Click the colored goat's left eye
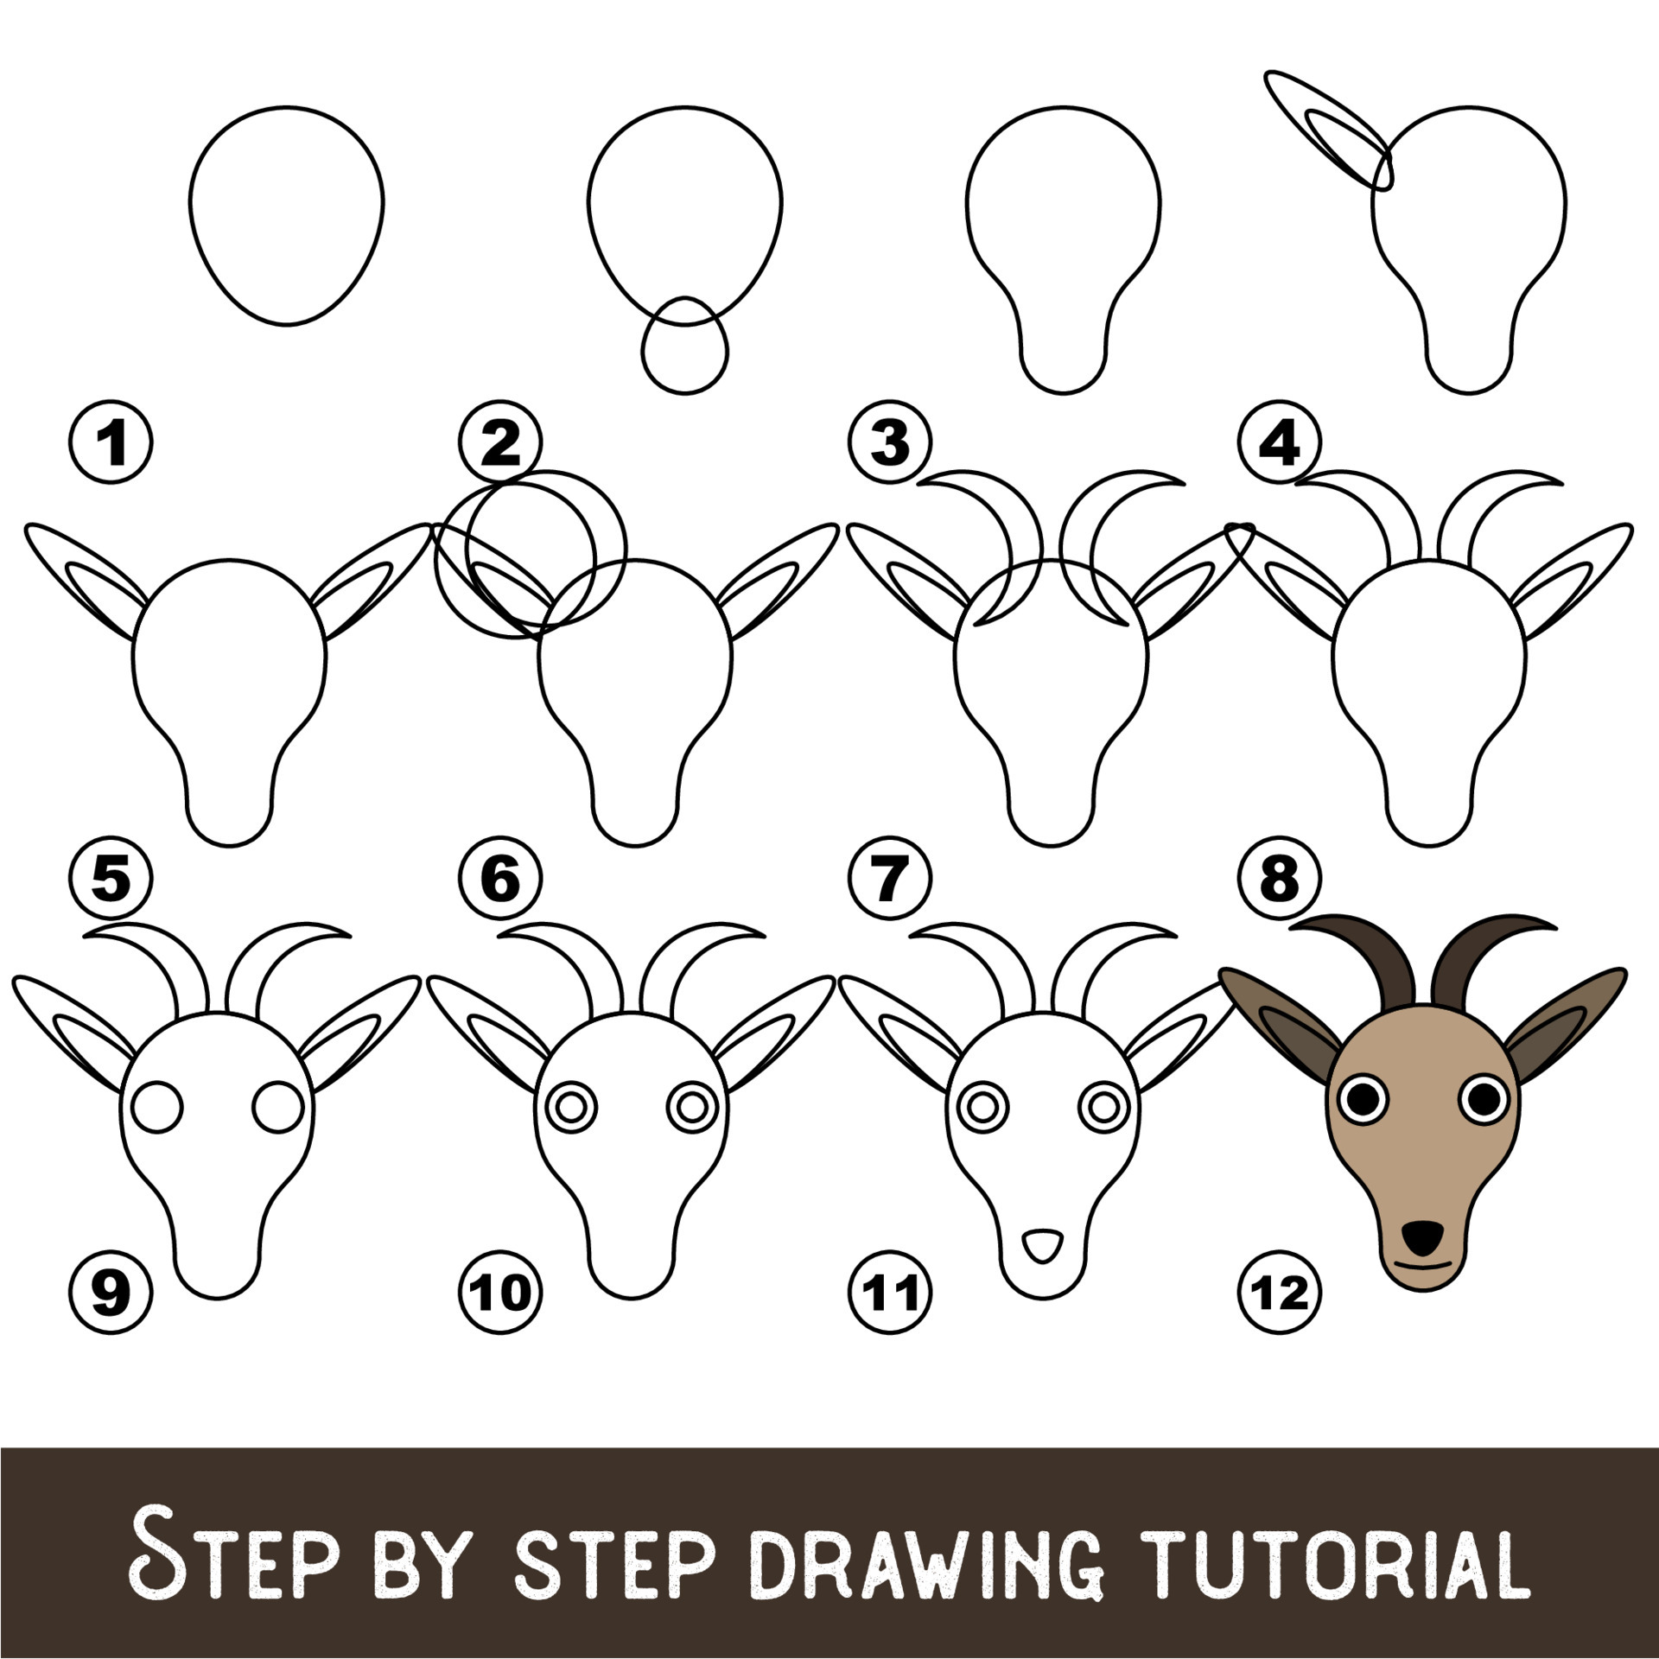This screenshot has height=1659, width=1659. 1363,1098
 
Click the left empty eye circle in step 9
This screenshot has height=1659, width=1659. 156,1107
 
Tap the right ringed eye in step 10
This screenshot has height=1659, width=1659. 692,1106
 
